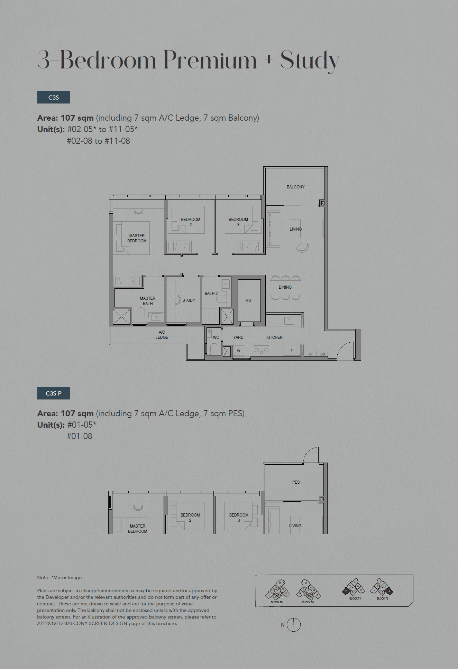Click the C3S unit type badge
point(54,97)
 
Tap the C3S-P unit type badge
point(54,393)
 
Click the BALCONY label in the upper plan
point(295,187)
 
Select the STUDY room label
point(189,300)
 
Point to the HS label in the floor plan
point(248,300)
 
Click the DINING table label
point(285,287)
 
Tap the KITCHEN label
point(274,337)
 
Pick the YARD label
point(238,337)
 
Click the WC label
point(216,337)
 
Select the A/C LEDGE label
point(162,335)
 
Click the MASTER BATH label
point(148,301)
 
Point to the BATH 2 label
point(211,294)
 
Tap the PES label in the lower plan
point(296,482)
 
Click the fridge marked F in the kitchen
point(292,351)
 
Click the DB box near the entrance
point(322,354)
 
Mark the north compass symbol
point(293,625)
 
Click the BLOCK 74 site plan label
point(355,598)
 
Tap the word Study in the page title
point(310,61)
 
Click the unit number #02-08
point(79,141)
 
